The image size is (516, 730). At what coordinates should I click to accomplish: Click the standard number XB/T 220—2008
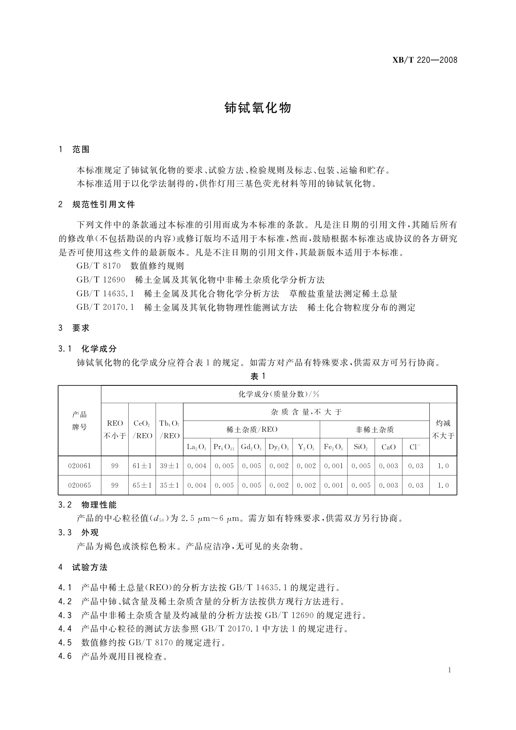425,60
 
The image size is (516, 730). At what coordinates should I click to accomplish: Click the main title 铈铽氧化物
258,108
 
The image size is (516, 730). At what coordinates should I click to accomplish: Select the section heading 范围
81,150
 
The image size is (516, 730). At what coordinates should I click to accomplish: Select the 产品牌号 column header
79,420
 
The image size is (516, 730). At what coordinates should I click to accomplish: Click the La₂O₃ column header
197,447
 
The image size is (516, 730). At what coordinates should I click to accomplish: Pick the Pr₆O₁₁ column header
224,447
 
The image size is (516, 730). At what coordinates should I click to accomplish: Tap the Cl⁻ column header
415,447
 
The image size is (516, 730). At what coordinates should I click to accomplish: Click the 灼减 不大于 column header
443,429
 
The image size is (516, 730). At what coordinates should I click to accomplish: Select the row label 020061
79,466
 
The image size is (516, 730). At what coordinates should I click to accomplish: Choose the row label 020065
79,486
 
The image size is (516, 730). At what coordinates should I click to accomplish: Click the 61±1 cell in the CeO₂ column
142,466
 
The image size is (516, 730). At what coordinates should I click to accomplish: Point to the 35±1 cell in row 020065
169,486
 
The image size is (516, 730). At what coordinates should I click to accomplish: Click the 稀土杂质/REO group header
252,430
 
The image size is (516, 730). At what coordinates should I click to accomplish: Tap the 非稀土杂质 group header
374,430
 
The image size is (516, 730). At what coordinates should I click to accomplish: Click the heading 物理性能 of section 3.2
99,505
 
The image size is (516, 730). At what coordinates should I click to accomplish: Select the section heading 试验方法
90,567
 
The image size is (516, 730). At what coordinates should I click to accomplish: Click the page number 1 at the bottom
450,670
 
